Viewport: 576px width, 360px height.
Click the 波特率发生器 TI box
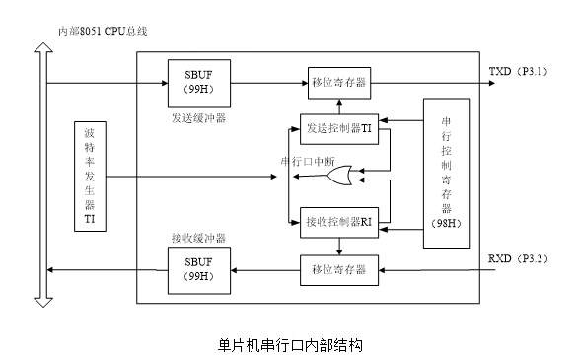[90, 178]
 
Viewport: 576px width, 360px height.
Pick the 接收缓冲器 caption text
[197, 238]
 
